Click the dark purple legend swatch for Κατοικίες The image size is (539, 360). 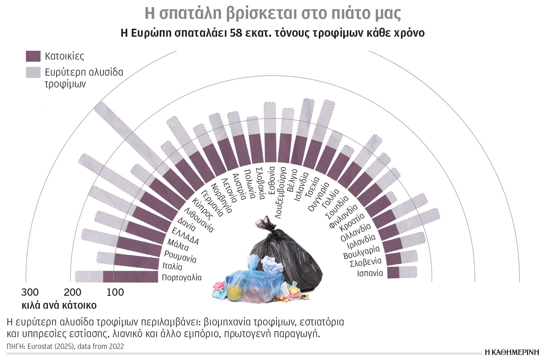(x=33, y=57)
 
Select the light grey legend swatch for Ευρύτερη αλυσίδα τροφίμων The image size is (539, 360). (x=33, y=72)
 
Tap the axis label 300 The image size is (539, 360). (x=30, y=292)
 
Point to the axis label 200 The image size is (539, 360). (x=72, y=292)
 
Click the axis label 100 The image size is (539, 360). (x=115, y=292)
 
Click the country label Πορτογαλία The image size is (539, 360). (x=182, y=278)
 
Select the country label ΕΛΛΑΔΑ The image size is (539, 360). (x=185, y=236)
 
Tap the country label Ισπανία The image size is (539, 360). (x=370, y=273)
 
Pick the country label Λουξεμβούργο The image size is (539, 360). (x=280, y=193)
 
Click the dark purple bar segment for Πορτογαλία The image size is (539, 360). (x=130, y=277)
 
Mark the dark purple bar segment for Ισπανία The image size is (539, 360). (x=393, y=273)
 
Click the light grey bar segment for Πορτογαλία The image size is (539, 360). (x=89, y=277)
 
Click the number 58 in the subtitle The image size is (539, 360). (x=236, y=33)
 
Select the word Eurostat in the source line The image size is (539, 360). (x=40, y=346)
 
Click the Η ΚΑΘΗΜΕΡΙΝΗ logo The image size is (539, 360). (x=512, y=353)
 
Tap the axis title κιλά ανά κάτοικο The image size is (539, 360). (x=59, y=305)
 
